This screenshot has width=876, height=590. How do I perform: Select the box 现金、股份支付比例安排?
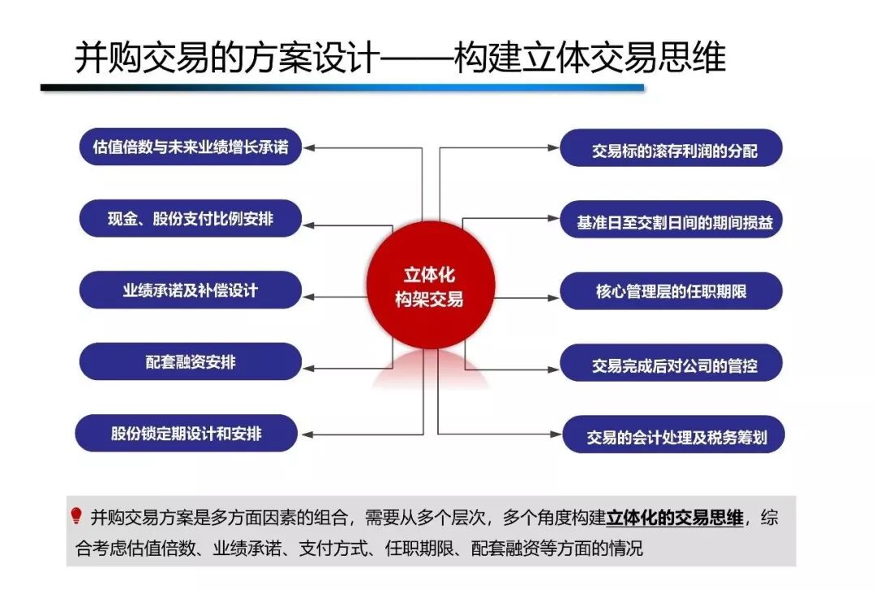click(191, 219)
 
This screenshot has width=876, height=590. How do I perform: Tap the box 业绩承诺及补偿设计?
click(191, 290)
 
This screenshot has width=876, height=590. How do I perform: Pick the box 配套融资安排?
click(191, 361)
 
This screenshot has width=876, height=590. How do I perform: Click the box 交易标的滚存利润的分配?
click(672, 149)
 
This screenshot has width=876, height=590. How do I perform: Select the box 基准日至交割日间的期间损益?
click(672, 221)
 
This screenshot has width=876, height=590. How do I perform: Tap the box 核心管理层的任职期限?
click(672, 292)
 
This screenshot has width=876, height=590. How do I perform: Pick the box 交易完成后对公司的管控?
click(672, 365)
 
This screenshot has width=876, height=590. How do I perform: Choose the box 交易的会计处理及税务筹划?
click(672, 438)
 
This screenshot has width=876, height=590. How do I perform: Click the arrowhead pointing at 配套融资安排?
click(308, 367)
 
